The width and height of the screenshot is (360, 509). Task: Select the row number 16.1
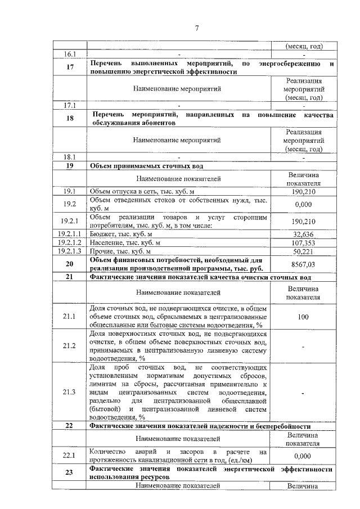(70, 55)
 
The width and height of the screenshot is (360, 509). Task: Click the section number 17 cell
(70, 67)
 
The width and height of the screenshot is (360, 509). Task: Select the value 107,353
(303, 242)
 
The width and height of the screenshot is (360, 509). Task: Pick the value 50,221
(303, 251)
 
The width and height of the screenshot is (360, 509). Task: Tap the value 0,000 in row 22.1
(303, 456)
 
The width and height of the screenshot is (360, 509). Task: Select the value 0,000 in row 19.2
(303, 204)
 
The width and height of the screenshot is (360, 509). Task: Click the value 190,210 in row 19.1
(303, 192)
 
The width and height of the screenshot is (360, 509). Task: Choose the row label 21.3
(70, 391)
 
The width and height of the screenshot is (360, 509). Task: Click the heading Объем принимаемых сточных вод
(143, 166)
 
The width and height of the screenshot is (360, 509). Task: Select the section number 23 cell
(70, 472)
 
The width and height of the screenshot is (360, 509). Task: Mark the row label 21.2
(70, 345)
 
